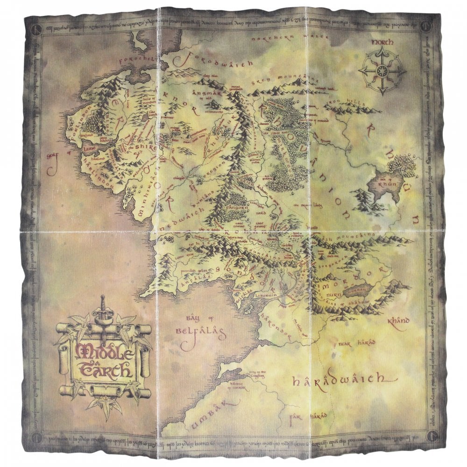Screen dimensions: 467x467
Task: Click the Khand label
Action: pos(398,321)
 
